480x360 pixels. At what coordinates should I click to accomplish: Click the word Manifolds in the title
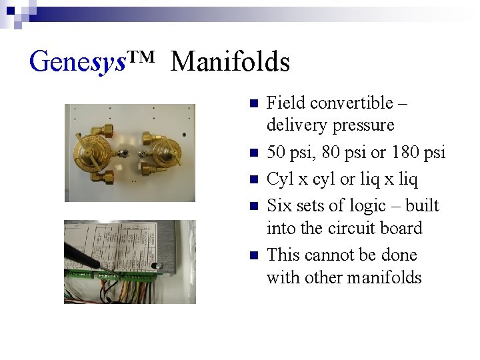[230, 62]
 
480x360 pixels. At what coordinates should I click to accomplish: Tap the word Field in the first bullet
[285, 103]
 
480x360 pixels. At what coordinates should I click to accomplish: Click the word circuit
[343, 228]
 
